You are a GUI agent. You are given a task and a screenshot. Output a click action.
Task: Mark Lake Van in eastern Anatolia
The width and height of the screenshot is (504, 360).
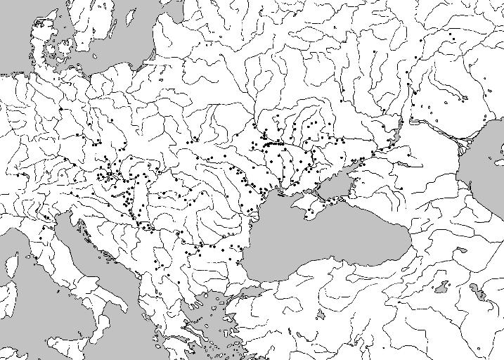pos(441,287)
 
